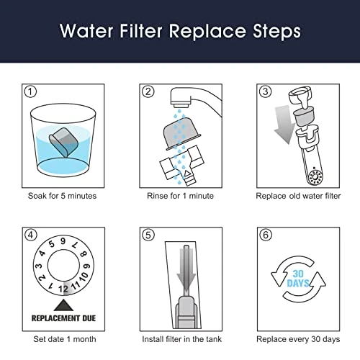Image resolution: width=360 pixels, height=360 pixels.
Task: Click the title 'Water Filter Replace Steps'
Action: (180, 32)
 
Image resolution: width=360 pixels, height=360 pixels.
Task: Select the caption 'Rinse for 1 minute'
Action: (179, 195)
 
